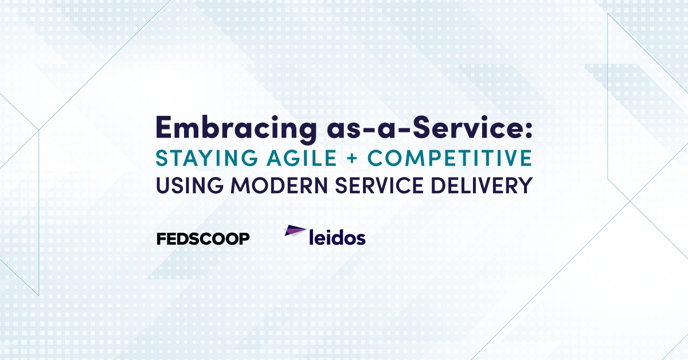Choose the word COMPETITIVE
tap(437, 157)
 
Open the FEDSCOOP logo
tap(203, 238)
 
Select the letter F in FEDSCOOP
tap(161, 238)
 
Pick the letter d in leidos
tap(335, 237)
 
